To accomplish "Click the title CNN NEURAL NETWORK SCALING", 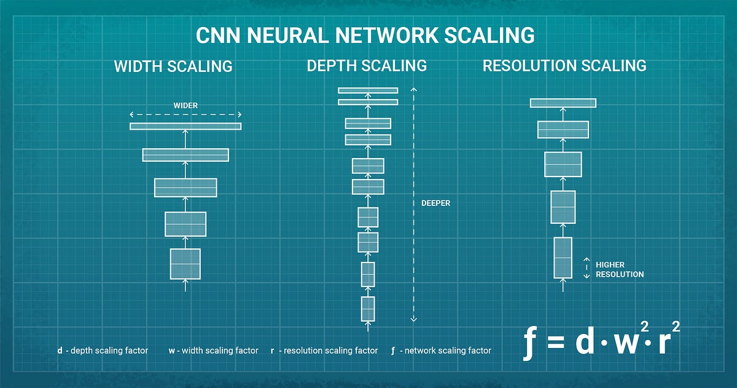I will click(365, 36).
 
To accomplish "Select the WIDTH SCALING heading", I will click(173, 66).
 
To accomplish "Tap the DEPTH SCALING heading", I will click(367, 65).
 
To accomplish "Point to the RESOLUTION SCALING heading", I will click(564, 65).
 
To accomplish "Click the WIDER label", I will click(185, 105).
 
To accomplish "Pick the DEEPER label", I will click(435, 203).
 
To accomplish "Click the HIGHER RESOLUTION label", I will click(619, 269).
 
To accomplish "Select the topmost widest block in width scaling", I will click(185, 126).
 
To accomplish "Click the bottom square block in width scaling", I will click(185, 264).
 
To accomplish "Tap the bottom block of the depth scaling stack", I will click(368, 309).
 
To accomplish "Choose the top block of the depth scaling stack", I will click(368, 90).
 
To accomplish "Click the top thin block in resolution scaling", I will click(563, 103).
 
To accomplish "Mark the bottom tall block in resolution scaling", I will click(563, 257).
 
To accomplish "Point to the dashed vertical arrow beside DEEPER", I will click(413, 203).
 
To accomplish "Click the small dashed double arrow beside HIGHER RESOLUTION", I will click(586, 268).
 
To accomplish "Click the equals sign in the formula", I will click(555, 343).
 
